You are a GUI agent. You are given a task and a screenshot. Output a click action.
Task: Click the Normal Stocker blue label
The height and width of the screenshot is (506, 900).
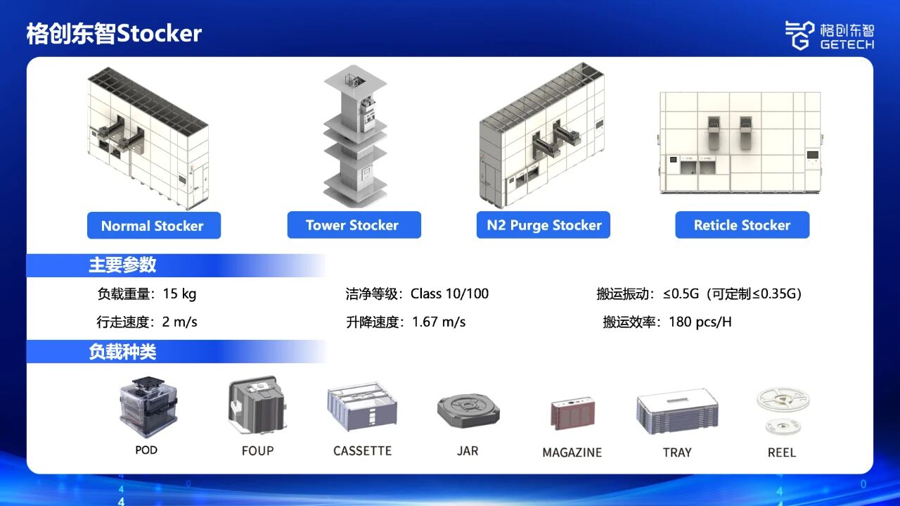point(154,226)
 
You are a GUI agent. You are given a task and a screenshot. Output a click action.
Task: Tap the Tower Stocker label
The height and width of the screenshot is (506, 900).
point(354,224)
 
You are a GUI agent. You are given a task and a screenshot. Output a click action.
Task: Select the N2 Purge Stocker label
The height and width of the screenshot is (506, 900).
point(544,224)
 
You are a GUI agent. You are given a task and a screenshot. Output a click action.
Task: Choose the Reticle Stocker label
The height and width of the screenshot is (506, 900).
point(742,224)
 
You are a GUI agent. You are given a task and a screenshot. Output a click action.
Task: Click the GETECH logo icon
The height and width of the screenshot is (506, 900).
point(799,35)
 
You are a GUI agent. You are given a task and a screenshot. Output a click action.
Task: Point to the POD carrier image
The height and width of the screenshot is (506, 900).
point(148,407)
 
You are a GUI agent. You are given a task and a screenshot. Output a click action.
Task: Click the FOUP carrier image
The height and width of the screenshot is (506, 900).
point(257,405)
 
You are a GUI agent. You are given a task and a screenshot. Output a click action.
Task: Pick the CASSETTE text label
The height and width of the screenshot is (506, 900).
point(362,451)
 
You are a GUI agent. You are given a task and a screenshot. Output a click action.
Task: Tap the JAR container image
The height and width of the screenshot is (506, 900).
point(468,411)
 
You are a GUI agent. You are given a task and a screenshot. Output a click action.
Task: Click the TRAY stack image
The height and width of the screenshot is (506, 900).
point(677,412)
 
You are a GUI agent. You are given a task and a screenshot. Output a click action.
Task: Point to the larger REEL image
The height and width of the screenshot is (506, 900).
point(783,400)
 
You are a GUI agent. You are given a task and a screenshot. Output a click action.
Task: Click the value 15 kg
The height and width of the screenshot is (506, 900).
point(179,294)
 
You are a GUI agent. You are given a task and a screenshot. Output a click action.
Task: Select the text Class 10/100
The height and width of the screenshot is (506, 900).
point(449,293)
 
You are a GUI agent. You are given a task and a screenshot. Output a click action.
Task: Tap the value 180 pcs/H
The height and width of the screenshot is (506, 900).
point(700,322)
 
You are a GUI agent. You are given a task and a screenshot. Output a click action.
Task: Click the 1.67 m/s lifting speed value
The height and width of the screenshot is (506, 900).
point(439,322)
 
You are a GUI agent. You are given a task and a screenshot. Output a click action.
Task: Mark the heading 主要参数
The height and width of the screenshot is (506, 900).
point(122,265)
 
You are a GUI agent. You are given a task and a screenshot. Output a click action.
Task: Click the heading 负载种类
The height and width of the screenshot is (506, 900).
point(122,352)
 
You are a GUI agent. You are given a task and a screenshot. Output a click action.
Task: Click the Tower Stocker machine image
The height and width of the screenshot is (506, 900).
point(355,137)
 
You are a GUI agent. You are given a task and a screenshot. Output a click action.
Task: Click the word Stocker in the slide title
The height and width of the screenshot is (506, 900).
point(159,33)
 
